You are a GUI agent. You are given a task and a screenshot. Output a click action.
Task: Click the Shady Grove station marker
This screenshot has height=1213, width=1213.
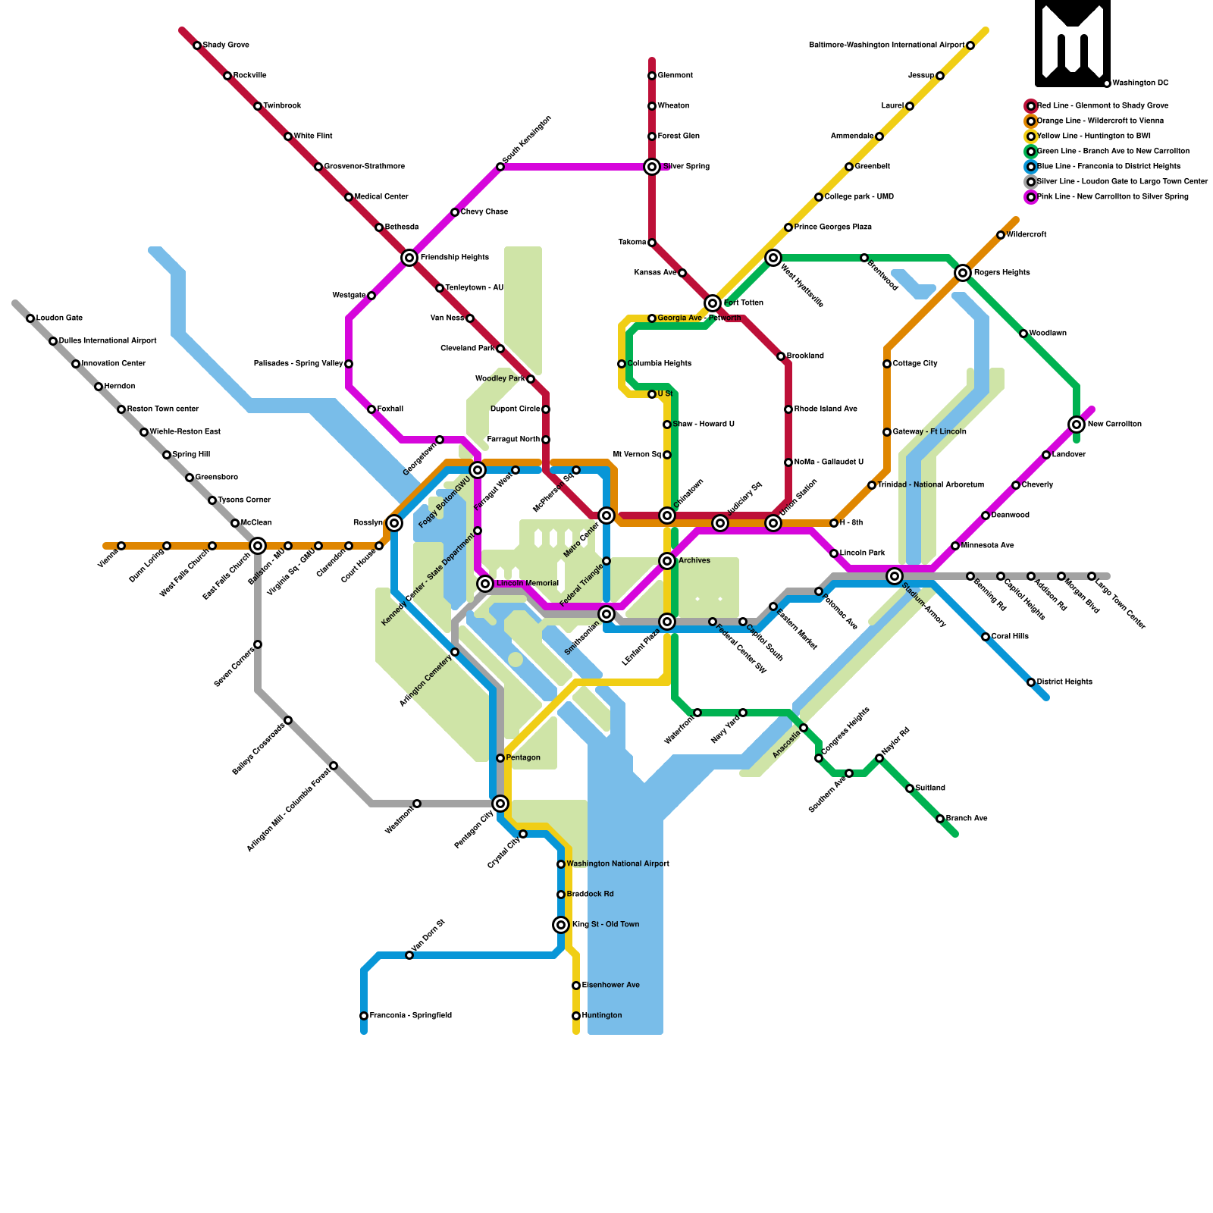(x=197, y=45)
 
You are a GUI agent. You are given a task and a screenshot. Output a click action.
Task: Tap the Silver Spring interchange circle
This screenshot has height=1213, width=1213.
(x=652, y=167)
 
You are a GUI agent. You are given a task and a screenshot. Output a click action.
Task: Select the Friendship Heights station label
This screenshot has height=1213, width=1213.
(x=454, y=258)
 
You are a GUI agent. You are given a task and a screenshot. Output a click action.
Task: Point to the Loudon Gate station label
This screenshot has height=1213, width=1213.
(x=59, y=318)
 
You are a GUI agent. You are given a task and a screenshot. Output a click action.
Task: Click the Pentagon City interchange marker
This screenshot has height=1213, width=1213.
(x=500, y=804)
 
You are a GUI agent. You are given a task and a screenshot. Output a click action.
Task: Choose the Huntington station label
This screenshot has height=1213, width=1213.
(x=602, y=1016)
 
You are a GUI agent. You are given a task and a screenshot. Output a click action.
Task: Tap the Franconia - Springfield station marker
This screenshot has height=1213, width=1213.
(x=364, y=1016)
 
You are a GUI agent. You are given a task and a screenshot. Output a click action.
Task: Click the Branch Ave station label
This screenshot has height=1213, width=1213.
(x=967, y=819)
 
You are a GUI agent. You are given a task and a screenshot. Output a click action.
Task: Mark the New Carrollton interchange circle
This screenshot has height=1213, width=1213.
(x=1077, y=425)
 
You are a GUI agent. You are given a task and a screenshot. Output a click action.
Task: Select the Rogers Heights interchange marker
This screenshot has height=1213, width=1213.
(x=963, y=273)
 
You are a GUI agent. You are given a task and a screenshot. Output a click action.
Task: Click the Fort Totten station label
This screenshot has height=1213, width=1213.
(x=743, y=303)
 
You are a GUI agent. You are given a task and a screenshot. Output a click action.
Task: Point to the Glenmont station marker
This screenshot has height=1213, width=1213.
(x=652, y=76)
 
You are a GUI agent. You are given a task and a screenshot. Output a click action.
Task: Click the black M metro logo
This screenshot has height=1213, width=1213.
(x=1073, y=43)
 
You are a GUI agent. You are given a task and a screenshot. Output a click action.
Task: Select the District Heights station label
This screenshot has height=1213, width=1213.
(x=1064, y=682)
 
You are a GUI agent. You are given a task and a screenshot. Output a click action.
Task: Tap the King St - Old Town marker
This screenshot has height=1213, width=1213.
(x=561, y=925)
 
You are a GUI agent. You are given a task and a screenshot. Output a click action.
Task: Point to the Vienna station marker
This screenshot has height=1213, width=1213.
(x=121, y=546)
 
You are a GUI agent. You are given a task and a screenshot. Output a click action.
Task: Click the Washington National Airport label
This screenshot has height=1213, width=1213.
(x=618, y=864)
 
